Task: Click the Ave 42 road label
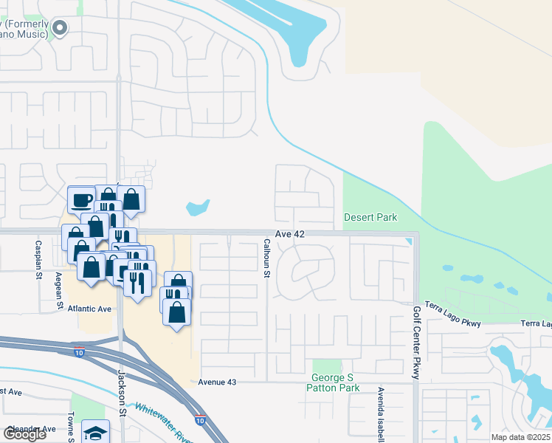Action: tap(290, 234)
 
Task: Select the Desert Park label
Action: tap(370, 217)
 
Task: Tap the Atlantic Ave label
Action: tap(89, 309)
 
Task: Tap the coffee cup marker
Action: tap(81, 199)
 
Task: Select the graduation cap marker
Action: tap(95, 432)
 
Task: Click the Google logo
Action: tap(25, 434)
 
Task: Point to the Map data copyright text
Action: tap(520, 437)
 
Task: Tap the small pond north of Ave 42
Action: tap(198, 208)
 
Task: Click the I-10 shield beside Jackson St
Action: tap(79, 353)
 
